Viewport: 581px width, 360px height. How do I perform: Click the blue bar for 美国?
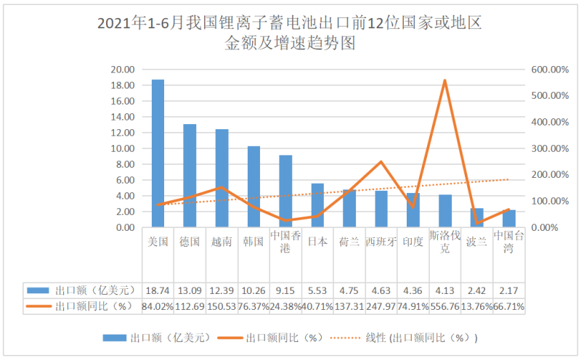(158, 153)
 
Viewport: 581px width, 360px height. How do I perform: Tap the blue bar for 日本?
(317, 205)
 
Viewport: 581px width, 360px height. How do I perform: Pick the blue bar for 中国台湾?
(508, 218)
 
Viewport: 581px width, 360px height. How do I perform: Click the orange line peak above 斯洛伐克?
(444, 81)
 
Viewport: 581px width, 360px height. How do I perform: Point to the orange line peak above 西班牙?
(381, 162)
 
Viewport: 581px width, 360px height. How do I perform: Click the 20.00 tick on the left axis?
(122, 70)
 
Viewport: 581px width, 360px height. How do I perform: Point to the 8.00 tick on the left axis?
(125, 164)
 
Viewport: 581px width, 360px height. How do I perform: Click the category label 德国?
(190, 242)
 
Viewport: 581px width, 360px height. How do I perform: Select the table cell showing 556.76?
(444, 306)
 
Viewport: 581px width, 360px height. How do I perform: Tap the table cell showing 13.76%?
(476, 306)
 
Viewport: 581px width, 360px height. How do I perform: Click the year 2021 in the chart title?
(113, 25)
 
